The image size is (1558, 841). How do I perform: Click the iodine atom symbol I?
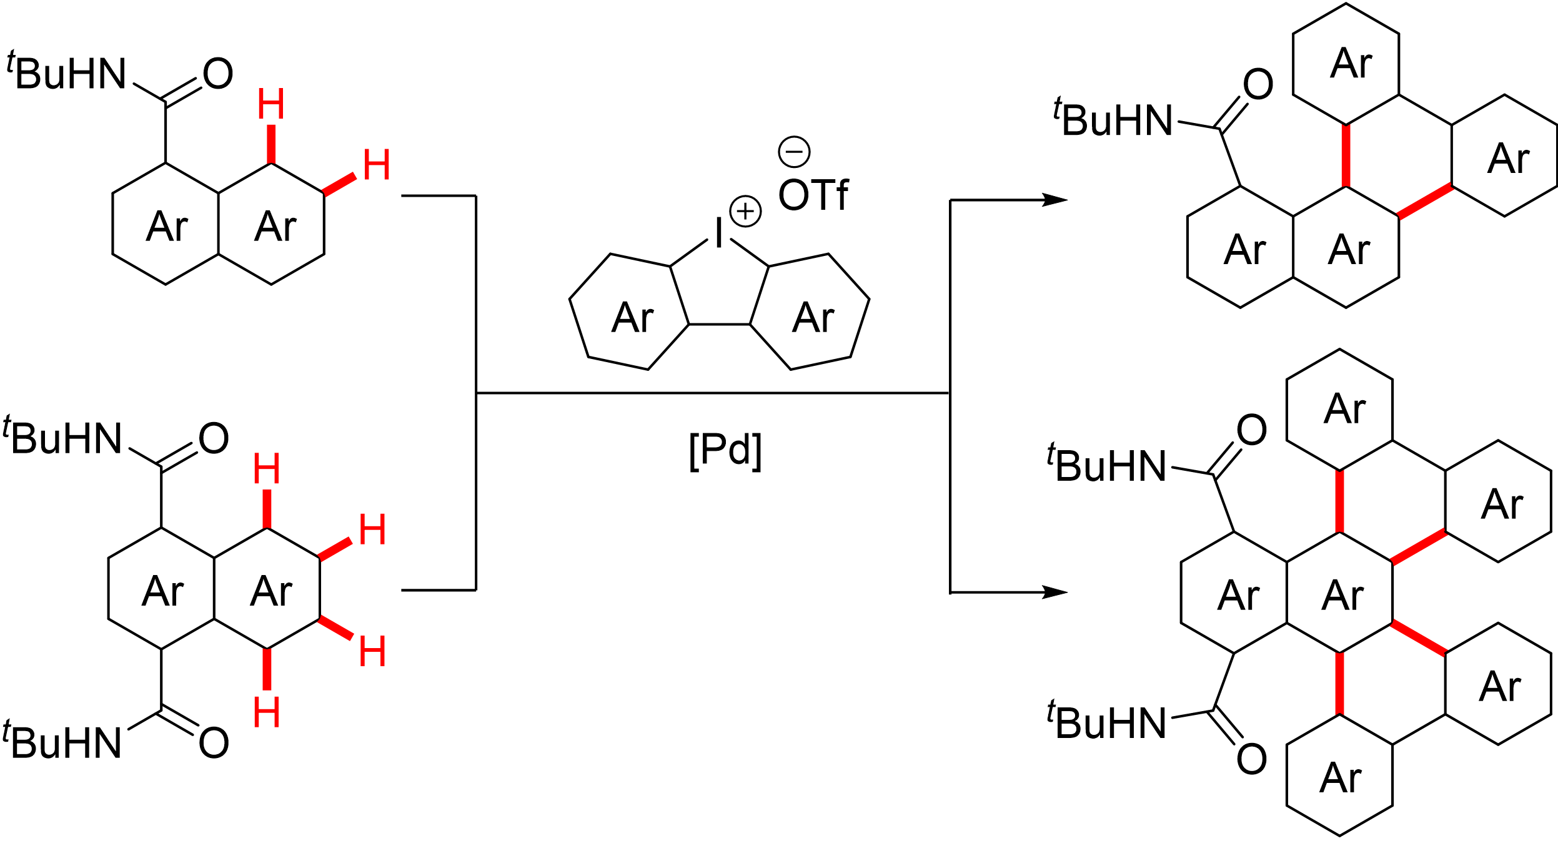[719, 234]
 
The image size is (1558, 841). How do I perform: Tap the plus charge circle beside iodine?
[745, 211]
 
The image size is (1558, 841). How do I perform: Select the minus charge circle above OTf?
[794, 152]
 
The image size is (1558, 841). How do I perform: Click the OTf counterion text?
[813, 195]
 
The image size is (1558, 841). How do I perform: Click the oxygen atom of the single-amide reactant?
[218, 74]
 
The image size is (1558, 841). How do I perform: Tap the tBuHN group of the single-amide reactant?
[67, 74]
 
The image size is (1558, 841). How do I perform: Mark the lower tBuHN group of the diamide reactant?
[62, 743]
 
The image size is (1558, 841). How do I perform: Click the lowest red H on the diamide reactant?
[267, 712]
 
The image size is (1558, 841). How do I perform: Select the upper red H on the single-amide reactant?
[271, 104]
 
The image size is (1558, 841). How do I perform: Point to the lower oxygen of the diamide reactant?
[214, 743]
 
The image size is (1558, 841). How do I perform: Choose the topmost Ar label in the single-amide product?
[1351, 64]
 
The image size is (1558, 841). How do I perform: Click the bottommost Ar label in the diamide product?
[1340, 778]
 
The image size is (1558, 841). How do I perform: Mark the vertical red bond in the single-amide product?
[1346, 155]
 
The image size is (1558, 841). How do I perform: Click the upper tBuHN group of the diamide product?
[1107, 466]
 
